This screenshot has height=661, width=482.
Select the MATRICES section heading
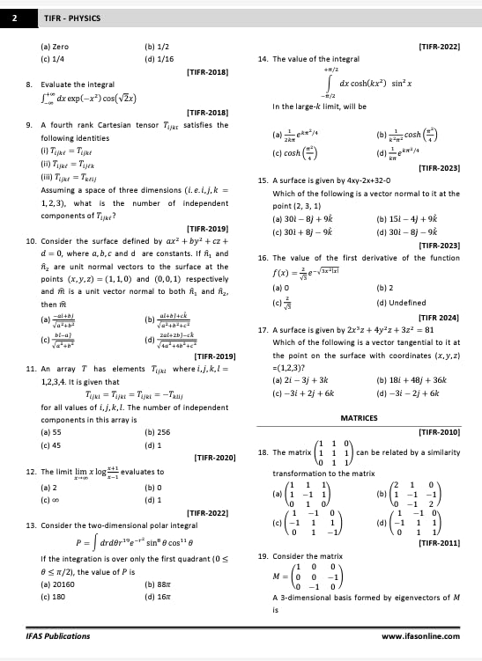(x=359, y=418)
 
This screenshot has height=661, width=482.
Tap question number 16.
(x=263, y=258)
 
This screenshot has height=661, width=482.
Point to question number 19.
(x=263, y=556)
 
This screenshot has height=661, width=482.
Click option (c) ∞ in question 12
(x=47, y=500)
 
